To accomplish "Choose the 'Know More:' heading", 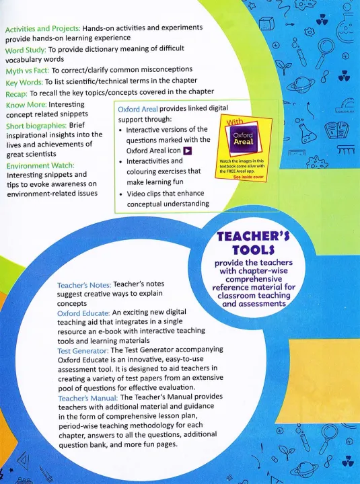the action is (x=26, y=105).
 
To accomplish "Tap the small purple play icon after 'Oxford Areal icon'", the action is (x=188, y=151).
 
